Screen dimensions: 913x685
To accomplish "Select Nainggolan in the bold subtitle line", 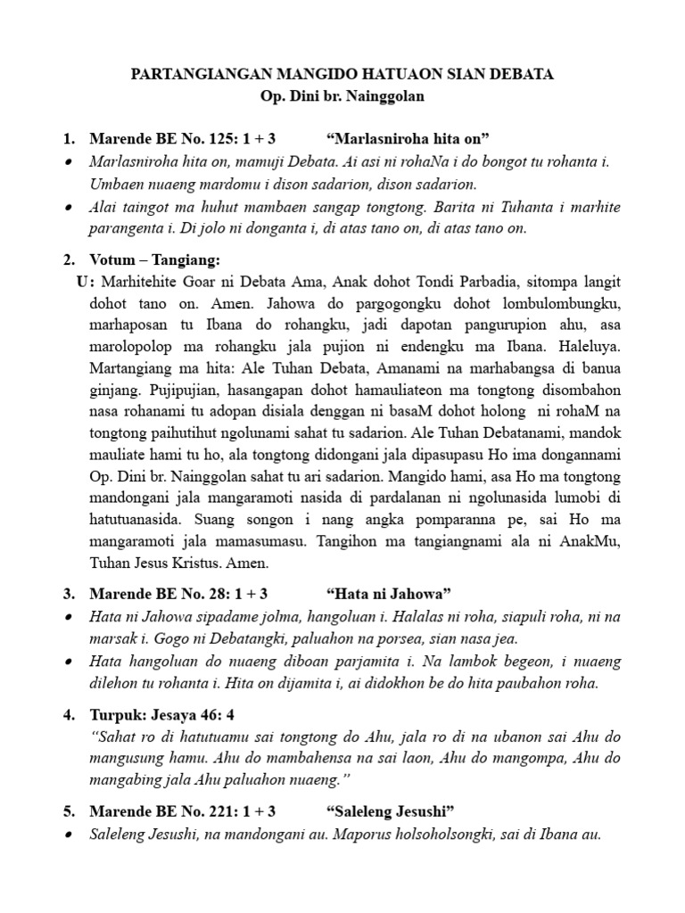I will point(384,96).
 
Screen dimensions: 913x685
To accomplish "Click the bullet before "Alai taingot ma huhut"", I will point(70,208).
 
